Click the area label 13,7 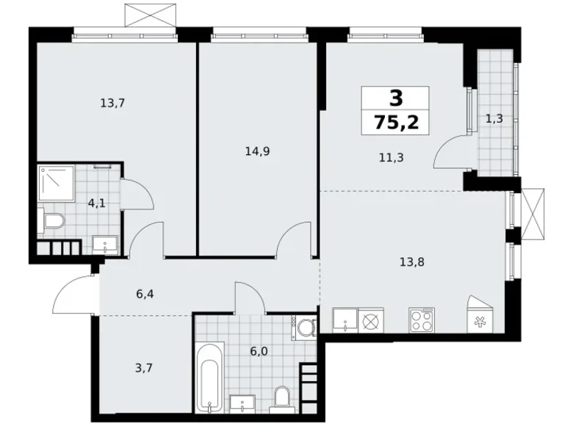coord(112,103)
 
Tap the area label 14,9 coord(257,152)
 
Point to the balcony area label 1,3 coord(494,118)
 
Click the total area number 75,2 coord(397,122)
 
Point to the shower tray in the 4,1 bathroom coord(55,184)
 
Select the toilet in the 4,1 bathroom coord(52,220)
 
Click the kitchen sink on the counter coord(344,320)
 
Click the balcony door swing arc coord(447,153)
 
